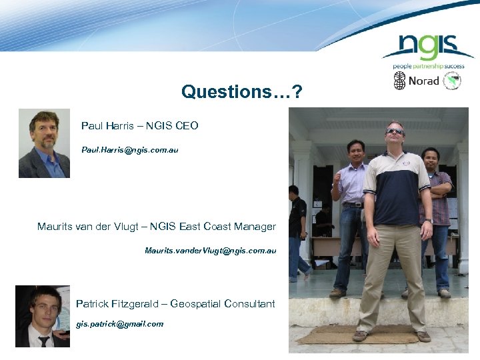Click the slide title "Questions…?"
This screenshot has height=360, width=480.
(x=241, y=91)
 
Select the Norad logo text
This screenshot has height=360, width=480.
(x=423, y=81)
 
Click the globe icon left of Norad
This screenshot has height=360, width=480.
(x=399, y=81)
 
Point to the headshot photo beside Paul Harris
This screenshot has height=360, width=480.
(x=44, y=143)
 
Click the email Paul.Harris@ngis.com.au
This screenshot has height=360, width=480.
(x=129, y=150)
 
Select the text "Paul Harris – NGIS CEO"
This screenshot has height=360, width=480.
(x=139, y=125)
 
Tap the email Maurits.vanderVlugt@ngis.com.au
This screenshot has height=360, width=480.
(x=210, y=251)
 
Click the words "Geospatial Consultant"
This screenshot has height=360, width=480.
(x=223, y=304)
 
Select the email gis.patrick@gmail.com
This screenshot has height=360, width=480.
(x=119, y=324)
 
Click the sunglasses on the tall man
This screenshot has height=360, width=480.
(x=395, y=131)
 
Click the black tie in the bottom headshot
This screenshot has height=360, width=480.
(x=44, y=341)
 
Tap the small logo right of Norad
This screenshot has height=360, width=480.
(x=453, y=81)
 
